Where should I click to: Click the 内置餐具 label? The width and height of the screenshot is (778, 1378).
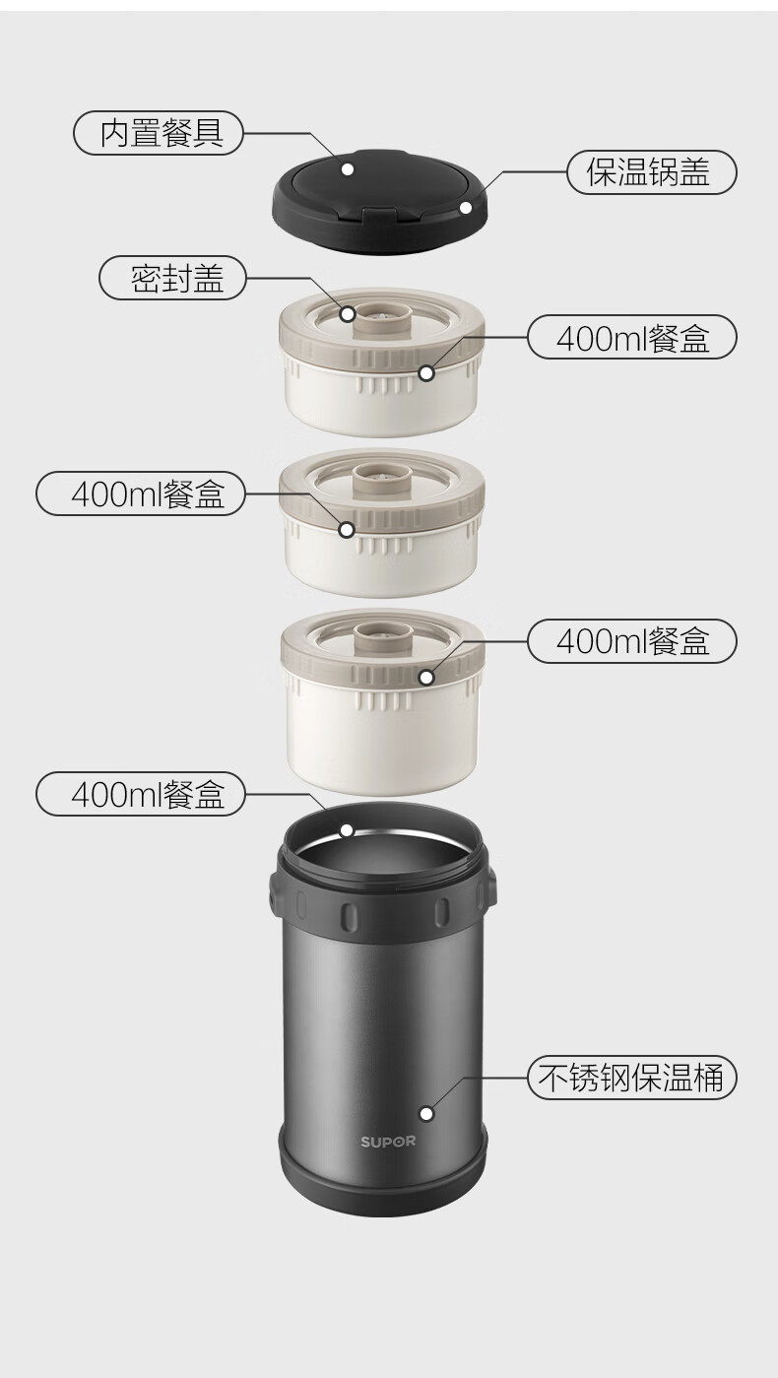click(159, 133)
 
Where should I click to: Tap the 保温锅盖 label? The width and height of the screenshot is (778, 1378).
click(651, 172)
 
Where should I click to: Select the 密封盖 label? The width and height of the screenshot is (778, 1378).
click(172, 278)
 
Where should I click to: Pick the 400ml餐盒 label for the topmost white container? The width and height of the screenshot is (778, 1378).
click(631, 337)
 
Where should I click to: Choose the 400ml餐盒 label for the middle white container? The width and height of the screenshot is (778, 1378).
click(140, 493)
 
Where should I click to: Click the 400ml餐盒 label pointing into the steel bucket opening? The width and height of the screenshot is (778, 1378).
click(140, 794)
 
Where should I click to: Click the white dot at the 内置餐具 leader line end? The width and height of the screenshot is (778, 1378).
click(348, 168)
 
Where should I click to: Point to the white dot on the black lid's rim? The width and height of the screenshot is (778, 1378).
click(466, 207)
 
